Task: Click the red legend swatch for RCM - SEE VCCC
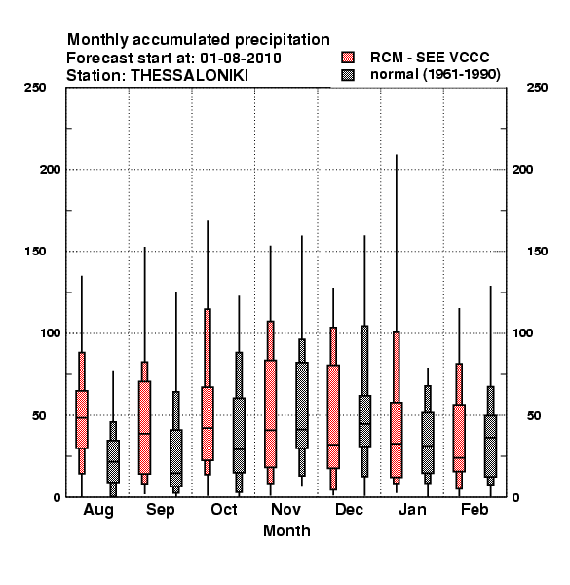coord(348,58)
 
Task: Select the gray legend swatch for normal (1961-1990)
coord(348,75)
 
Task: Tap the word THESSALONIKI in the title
coord(189,76)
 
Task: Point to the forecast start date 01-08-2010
coord(241,58)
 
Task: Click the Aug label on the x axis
coord(98,510)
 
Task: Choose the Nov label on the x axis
coord(285,509)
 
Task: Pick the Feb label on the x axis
coord(475,509)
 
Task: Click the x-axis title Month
coord(286,530)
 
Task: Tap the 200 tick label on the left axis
coord(50,170)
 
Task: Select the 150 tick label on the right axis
coord(537,252)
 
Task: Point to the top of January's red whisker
coord(397,154)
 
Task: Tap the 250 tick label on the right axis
coord(537,88)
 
